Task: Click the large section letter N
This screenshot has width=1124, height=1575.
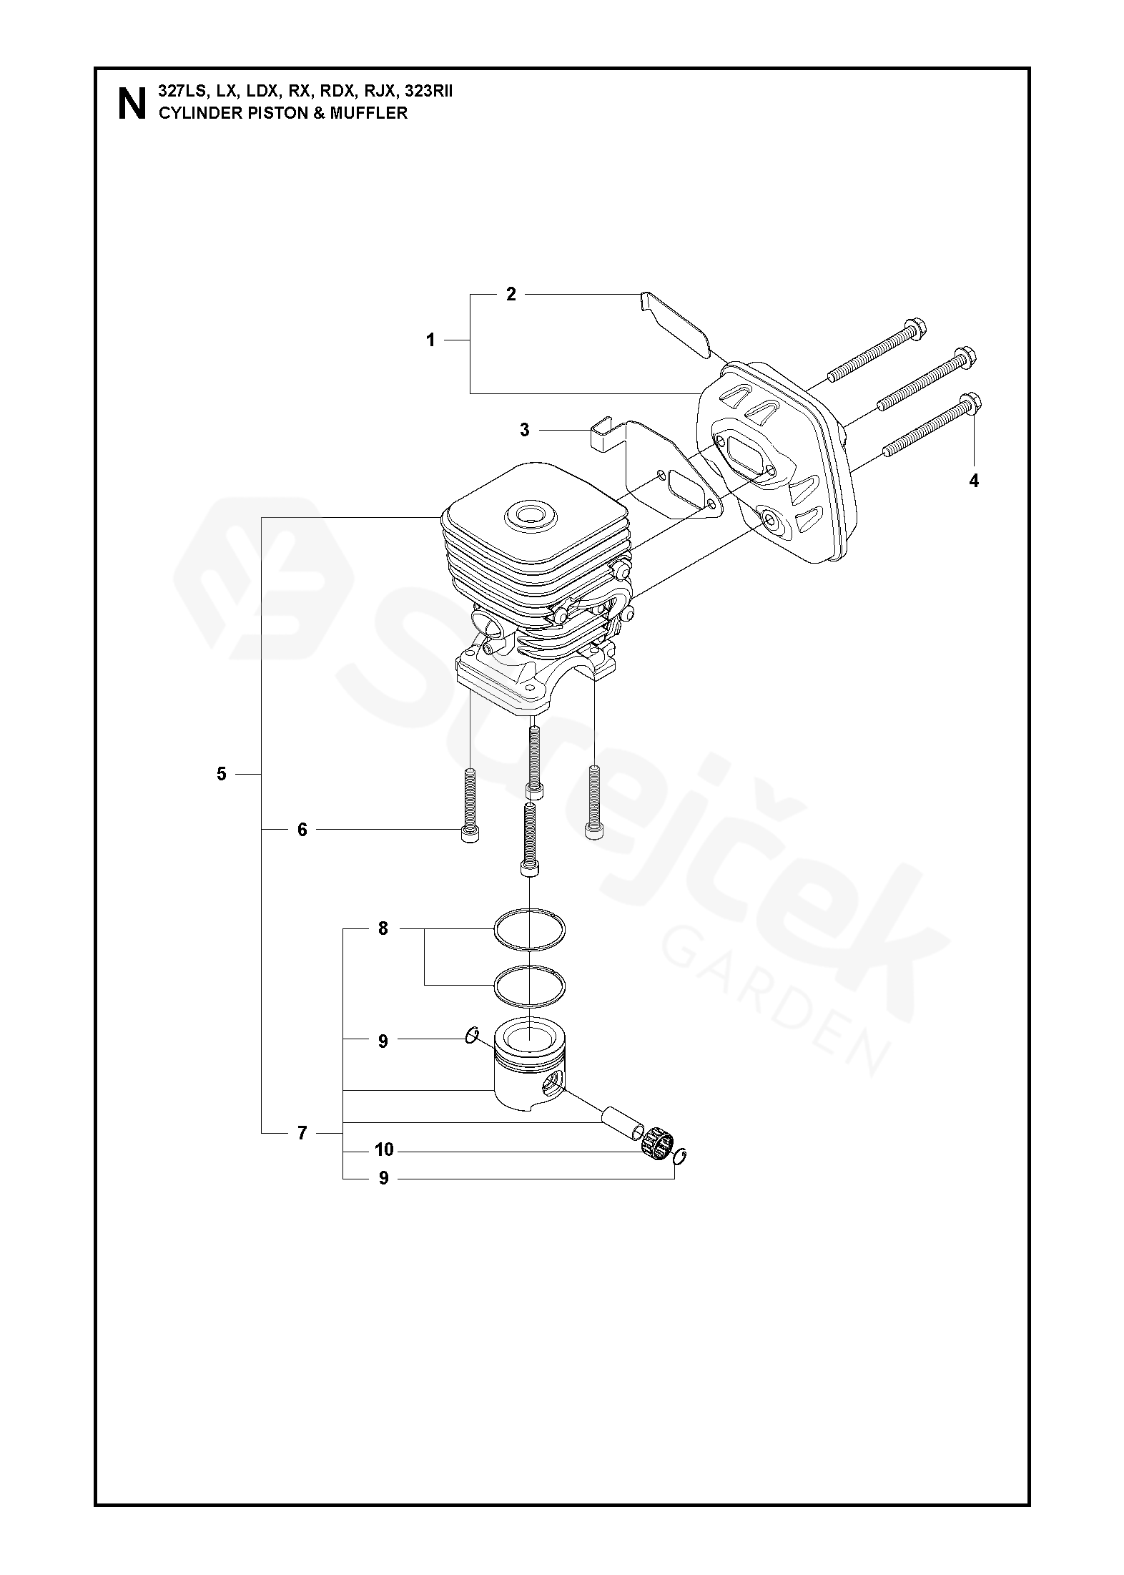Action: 131,103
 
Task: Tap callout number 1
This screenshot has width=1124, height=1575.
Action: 430,340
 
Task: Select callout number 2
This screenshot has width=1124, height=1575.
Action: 511,294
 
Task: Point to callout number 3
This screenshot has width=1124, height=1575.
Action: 525,430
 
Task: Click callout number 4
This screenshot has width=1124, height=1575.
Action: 973,481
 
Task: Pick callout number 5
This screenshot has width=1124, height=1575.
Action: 221,773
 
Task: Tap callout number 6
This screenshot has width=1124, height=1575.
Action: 302,830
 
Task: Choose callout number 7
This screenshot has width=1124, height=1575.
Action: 302,1133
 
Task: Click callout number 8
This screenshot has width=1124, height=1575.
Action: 383,929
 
